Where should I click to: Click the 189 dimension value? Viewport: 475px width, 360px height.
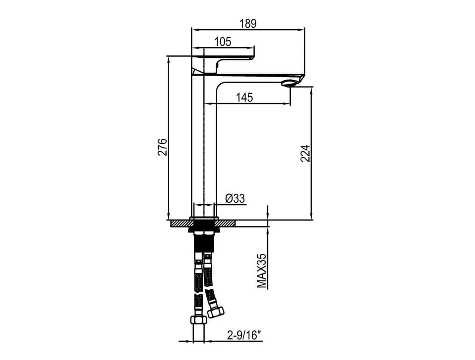click(248, 23)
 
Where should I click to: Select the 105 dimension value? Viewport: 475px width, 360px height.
click(223, 42)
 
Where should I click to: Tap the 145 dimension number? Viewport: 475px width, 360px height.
click(244, 97)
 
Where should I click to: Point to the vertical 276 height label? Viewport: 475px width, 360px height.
click(162, 147)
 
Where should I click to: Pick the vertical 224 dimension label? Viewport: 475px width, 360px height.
click(305, 153)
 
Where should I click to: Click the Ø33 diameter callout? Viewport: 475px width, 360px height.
click(235, 199)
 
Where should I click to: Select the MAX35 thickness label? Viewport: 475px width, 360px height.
click(261, 270)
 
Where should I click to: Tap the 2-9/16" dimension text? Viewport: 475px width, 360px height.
click(244, 335)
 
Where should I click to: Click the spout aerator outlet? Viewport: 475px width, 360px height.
click(289, 83)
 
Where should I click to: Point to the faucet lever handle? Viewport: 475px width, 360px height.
click(223, 63)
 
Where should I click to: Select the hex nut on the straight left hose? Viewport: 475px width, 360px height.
click(198, 320)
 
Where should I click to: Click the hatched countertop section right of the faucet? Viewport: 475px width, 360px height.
click(226, 224)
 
